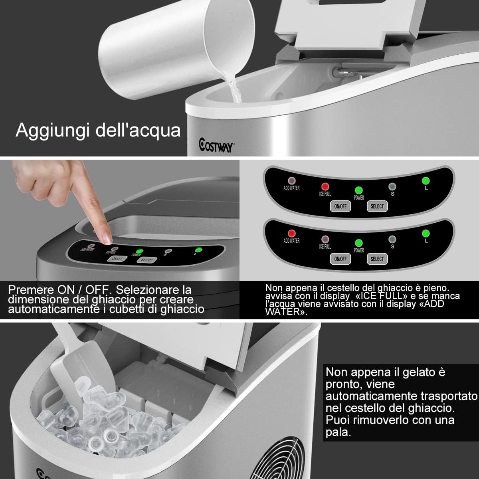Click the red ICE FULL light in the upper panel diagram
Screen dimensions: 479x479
point(325,186)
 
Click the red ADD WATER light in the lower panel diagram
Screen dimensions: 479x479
point(291,233)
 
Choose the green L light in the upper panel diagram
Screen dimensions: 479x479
point(426,180)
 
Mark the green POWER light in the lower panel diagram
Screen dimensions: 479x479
point(358,243)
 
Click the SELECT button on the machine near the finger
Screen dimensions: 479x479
point(146,260)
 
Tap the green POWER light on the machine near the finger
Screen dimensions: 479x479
point(139,251)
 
